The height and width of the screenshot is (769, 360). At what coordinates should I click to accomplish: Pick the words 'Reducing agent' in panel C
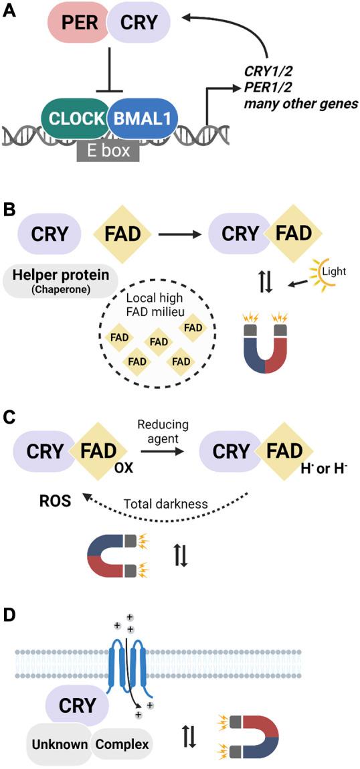(163, 432)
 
